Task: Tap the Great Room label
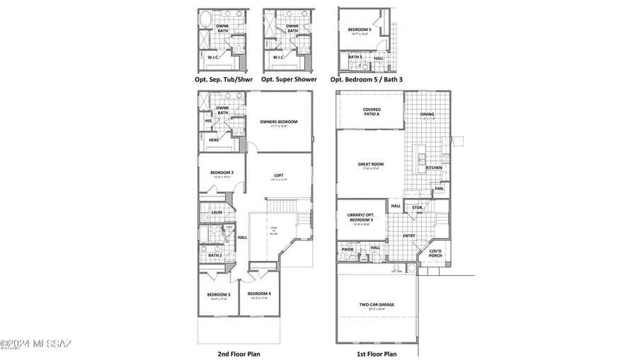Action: click(x=372, y=165)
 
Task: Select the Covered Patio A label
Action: click(x=372, y=112)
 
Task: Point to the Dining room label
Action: click(x=427, y=115)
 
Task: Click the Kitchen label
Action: click(x=434, y=168)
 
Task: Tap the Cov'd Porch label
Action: click(x=435, y=253)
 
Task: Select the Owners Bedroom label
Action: click(x=278, y=122)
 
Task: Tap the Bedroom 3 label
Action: click(x=219, y=294)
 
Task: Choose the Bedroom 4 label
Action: click(x=259, y=294)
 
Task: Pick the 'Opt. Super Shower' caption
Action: click(x=289, y=79)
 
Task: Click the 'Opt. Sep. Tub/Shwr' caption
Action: click(x=223, y=79)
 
